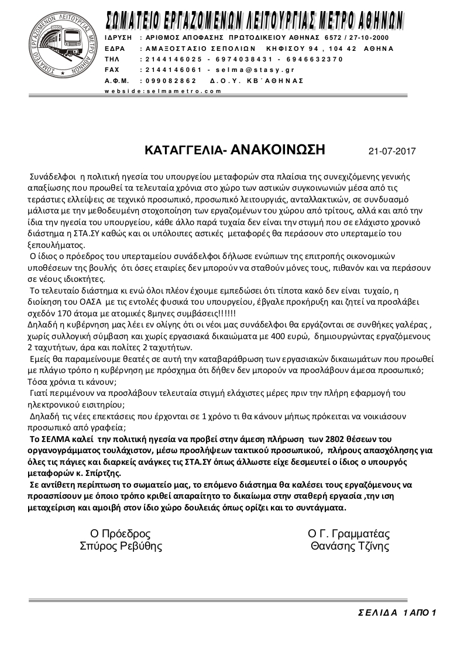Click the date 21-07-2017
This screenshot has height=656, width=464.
point(392,151)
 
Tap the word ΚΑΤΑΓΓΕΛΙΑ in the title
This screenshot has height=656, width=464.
point(182,151)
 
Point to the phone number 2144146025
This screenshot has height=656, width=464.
point(171,59)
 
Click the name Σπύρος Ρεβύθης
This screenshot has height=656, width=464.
point(121,547)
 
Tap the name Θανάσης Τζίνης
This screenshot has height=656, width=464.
point(350,547)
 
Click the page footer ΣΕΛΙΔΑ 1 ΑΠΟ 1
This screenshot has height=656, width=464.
point(397,613)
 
